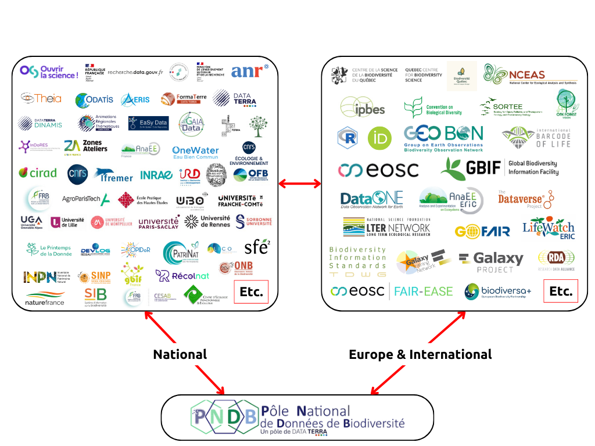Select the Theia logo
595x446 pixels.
pyautogui.click(x=41, y=98)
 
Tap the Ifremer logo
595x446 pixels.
pyautogui.click(x=114, y=175)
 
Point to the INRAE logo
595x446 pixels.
pyautogui.click(x=156, y=175)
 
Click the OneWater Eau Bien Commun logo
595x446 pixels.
pyautogui.click(x=195, y=153)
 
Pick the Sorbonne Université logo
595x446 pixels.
pyautogui.click(x=253, y=221)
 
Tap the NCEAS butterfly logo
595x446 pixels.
pyautogui.click(x=530, y=75)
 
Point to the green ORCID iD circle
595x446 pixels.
pyautogui.click(x=379, y=138)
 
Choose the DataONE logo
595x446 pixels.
pyautogui.click(x=372, y=200)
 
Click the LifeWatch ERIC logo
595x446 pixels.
pyautogui.click(x=548, y=228)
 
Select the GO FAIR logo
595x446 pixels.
pyautogui.click(x=482, y=231)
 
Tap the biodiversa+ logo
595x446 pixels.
pyautogui.click(x=498, y=292)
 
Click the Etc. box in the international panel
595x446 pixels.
pyautogui.click(x=561, y=291)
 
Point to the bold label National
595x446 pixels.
pyautogui.click(x=180, y=354)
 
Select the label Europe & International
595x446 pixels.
pyautogui.click(x=420, y=354)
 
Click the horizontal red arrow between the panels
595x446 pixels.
pyautogui.click(x=300, y=184)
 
